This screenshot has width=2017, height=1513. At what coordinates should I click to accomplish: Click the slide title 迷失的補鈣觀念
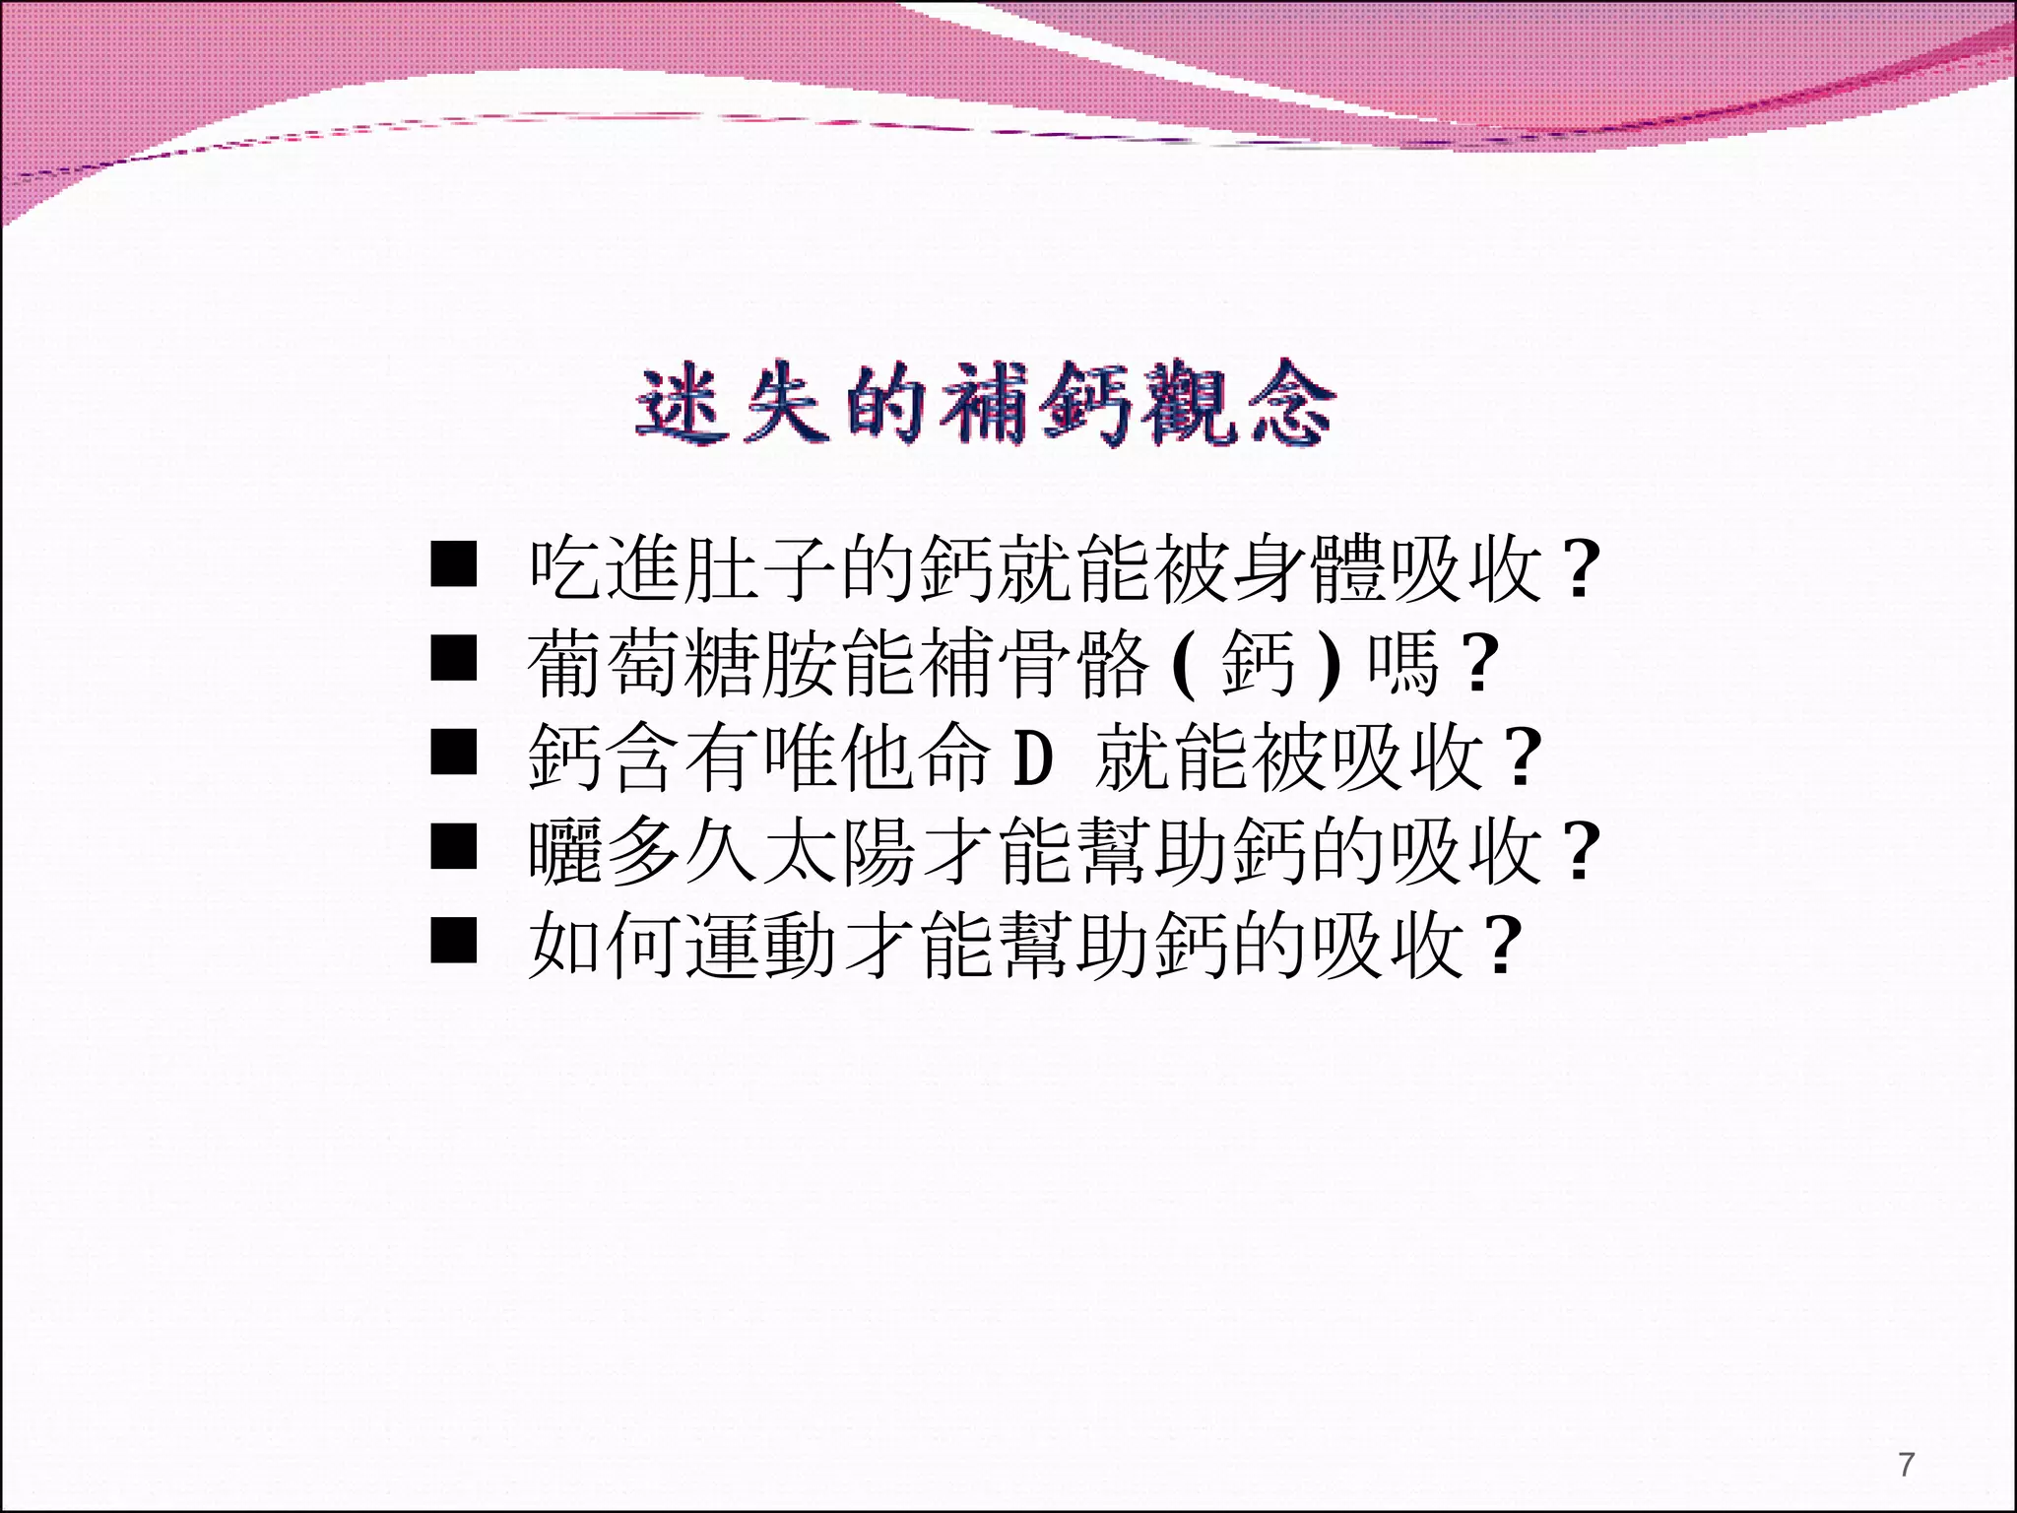(985, 404)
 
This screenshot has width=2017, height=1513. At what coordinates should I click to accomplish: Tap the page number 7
(1907, 1465)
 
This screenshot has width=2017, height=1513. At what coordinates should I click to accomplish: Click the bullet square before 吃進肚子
(454, 563)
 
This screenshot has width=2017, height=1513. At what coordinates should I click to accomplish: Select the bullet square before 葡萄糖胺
(454, 658)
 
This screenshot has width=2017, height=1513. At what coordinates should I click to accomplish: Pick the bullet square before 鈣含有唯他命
(454, 752)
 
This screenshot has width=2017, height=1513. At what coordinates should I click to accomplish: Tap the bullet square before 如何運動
(454, 940)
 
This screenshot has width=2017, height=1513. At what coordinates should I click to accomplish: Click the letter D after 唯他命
(1033, 757)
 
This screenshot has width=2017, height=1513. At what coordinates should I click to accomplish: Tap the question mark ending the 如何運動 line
(1502, 947)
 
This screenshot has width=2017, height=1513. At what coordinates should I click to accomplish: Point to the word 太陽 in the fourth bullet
(840, 851)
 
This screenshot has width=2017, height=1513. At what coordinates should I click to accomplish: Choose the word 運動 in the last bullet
(761, 946)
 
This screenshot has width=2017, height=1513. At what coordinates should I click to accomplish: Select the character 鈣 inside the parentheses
(1258, 663)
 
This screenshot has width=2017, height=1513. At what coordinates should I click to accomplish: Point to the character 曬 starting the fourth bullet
(564, 851)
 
